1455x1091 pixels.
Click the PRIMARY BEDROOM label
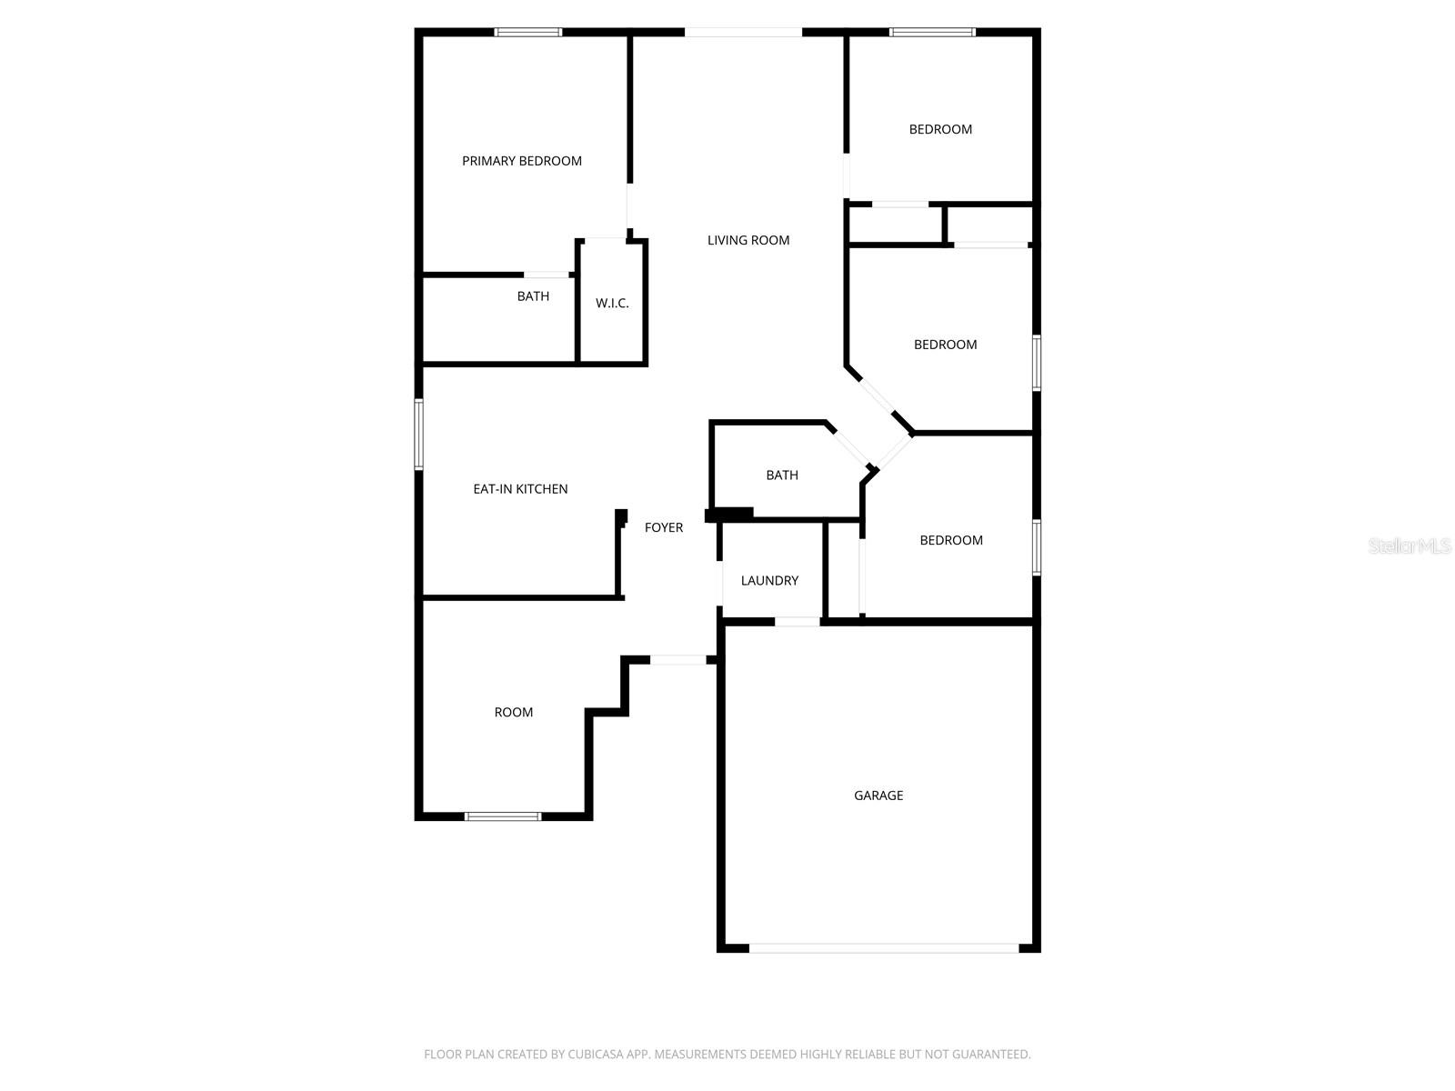coord(522,161)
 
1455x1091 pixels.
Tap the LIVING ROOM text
coord(748,240)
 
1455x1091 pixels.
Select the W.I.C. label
coord(612,304)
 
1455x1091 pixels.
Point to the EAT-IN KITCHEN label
coord(520,489)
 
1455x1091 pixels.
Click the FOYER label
coord(664,527)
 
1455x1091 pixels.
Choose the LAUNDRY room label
coord(769,580)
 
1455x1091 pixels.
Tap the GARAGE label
coord(878,795)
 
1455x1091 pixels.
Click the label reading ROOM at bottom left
coord(514,712)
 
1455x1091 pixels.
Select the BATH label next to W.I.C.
coord(533,296)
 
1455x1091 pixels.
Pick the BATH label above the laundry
coord(782,475)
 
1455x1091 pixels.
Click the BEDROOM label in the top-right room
coord(940,129)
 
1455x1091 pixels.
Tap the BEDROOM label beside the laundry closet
coord(951,540)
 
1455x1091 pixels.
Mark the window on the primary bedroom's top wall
coord(528,32)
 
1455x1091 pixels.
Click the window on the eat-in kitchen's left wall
coord(419,434)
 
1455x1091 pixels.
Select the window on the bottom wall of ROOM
coord(503,816)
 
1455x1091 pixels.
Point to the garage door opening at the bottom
coord(884,948)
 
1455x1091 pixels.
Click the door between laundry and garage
coord(798,621)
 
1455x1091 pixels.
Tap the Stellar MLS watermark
coord(1410,545)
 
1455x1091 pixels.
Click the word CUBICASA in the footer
coord(595,1054)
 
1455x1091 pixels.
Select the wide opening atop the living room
coord(743,32)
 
